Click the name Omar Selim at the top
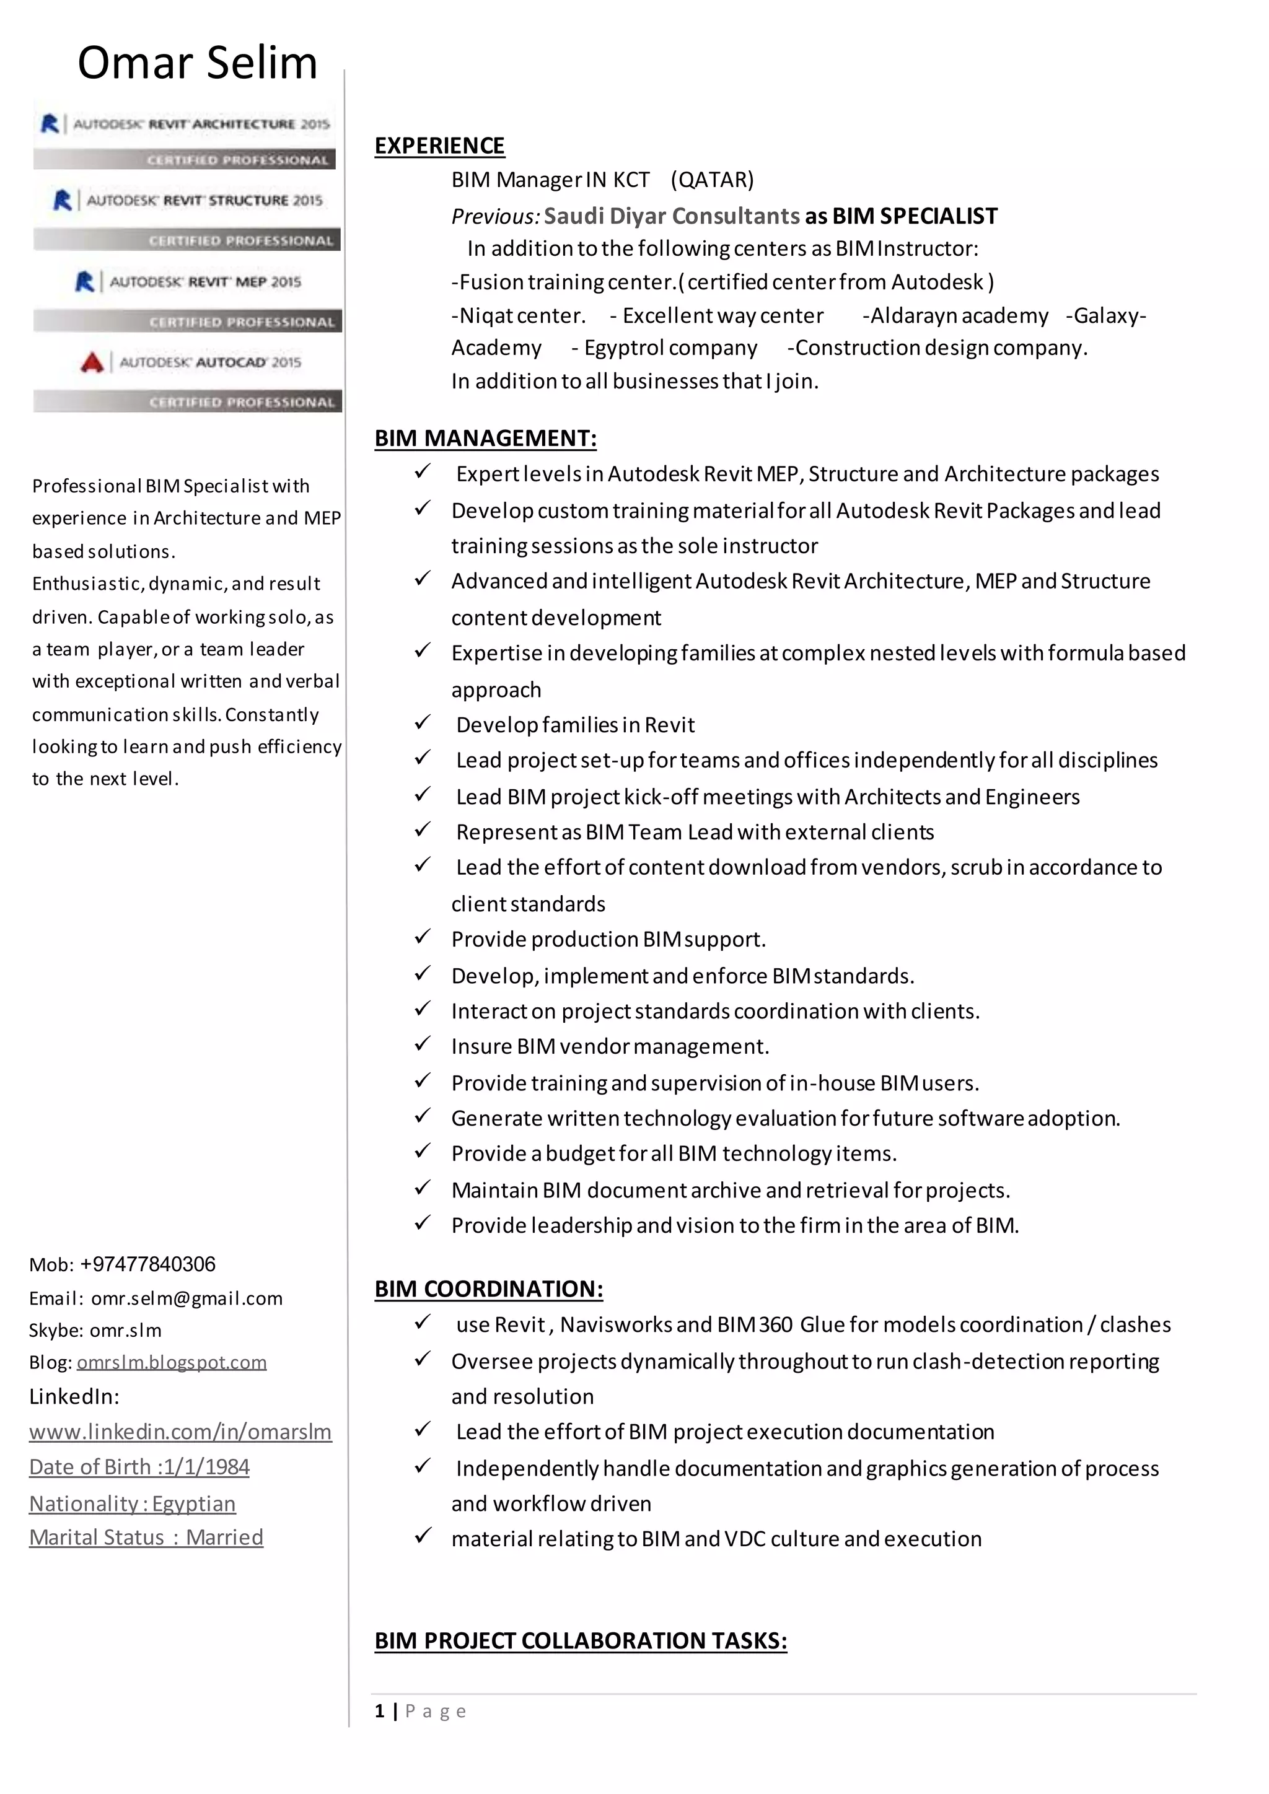[x=197, y=63]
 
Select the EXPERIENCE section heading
[x=439, y=146]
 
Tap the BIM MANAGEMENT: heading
[x=485, y=439]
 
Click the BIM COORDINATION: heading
[x=488, y=1289]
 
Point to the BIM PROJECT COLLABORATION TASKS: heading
[x=581, y=1640]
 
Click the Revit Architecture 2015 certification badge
[x=185, y=138]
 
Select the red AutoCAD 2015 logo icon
[x=92, y=362]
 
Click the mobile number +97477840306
[x=147, y=1264]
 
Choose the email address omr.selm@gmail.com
[x=187, y=1298]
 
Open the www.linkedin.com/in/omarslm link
[x=180, y=1432]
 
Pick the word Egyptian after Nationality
[x=194, y=1503]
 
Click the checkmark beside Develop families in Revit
[x=423, y=723]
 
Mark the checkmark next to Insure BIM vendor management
[x=423, y=1044]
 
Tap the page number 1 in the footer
[x=380, y=1711]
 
